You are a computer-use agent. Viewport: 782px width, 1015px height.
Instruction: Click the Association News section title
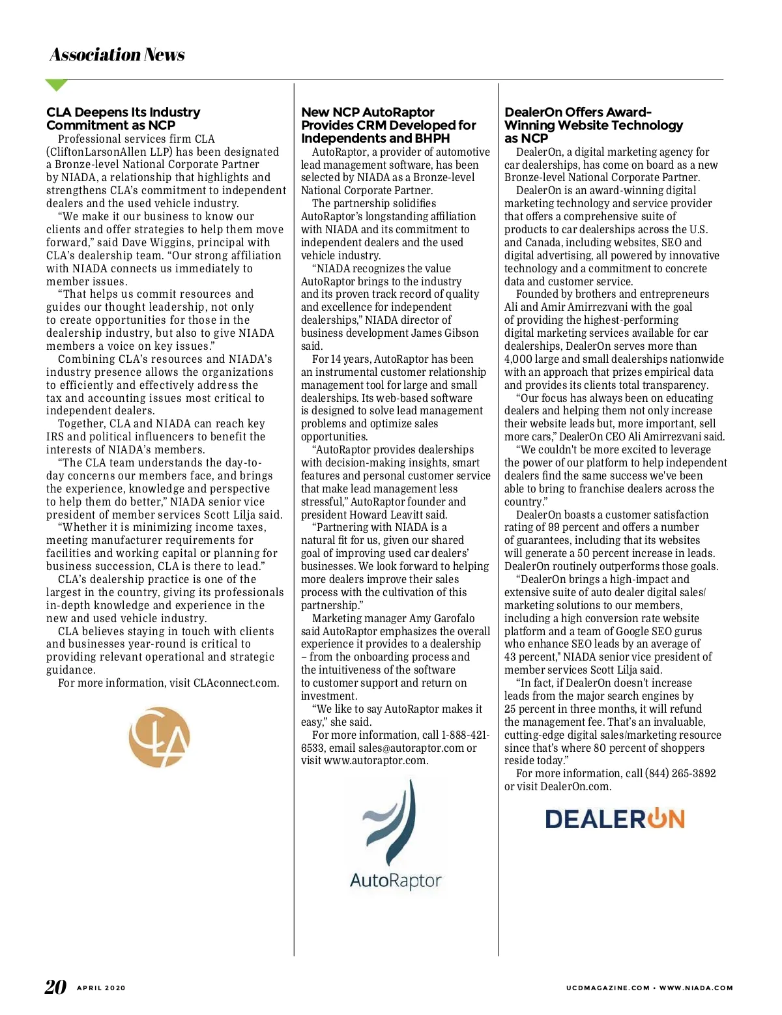pos(117,55)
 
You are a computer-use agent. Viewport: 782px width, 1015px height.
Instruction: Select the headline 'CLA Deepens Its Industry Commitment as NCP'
pos(123,119)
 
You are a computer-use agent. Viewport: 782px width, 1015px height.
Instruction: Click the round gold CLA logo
pos(160,737)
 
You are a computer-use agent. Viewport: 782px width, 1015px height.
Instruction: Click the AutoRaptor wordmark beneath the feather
pos(396,881)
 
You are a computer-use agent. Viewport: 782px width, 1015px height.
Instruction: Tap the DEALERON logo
pos(615,819)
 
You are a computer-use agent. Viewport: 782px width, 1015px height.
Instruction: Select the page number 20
pos(55,987)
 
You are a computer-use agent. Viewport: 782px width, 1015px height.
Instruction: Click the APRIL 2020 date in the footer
pos(101,988)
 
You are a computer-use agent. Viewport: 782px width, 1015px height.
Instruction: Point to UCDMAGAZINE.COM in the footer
pos(607,988)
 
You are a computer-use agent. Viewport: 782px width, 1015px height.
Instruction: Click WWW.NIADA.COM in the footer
pos(696,988)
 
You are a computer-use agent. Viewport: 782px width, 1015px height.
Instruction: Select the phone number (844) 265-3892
pos(680,773)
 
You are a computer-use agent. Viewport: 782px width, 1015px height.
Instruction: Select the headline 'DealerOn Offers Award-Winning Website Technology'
pos(593,125)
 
